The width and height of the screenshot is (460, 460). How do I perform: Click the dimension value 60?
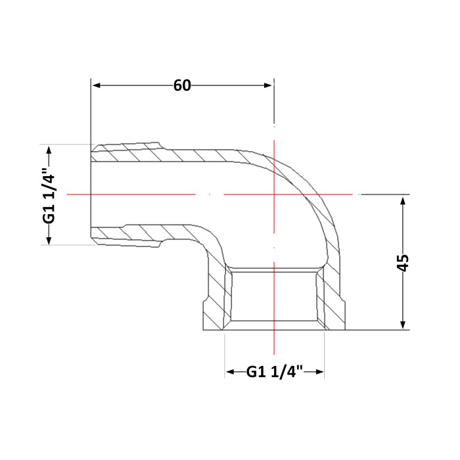tap(182, 85)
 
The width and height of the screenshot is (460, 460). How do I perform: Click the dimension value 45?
tap(403, 263)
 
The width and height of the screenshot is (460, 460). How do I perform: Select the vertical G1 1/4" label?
tap(49, 196)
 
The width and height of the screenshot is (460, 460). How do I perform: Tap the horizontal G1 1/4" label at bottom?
tap(274, 372)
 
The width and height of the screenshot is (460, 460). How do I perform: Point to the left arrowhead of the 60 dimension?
tap(97, 85)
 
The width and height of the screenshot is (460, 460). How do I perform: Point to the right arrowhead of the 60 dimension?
tap(268, 85)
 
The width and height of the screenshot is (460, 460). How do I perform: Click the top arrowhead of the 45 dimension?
tap(403, 202)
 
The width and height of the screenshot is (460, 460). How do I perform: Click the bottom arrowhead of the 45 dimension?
tap(403, 324)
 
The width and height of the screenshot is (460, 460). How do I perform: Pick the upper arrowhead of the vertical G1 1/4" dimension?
tap(49, 150)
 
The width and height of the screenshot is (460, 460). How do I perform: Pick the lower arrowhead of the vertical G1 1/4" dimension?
tap(49, 240)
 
